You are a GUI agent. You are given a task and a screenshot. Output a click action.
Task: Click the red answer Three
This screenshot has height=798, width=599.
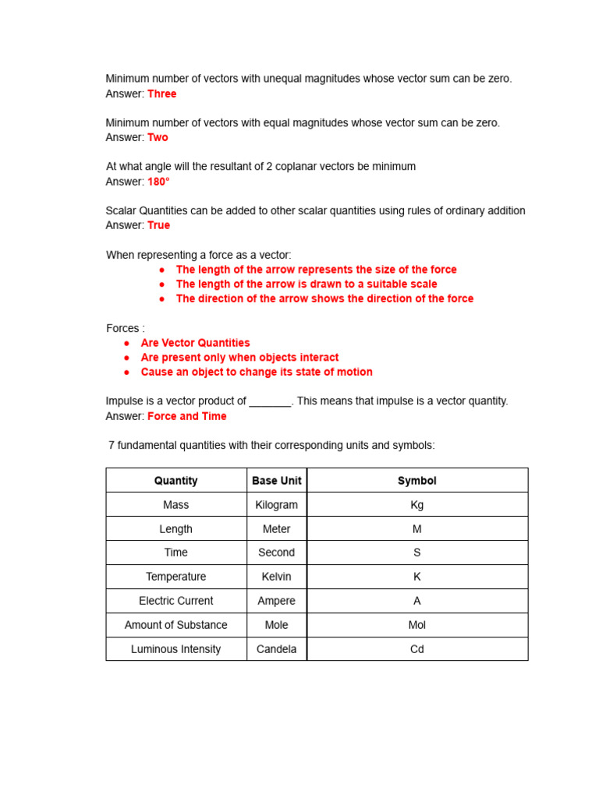[162, 94]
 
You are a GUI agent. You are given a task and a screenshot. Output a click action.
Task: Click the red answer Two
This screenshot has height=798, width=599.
[158, 137]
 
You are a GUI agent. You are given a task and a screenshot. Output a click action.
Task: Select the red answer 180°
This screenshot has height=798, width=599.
[158, 182]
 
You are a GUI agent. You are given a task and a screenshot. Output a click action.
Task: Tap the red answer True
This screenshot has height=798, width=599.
[158, 225]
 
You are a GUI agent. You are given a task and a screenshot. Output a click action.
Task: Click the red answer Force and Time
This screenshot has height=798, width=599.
[187, 416]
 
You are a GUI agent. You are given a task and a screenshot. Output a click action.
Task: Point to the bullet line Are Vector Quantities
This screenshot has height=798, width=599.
[195, 343]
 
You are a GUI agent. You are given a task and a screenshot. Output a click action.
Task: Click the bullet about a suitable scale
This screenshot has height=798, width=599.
[307, 284]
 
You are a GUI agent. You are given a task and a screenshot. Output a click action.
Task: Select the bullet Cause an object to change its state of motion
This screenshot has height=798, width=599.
[257, 373]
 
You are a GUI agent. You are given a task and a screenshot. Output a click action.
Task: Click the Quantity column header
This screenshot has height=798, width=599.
[176, 481]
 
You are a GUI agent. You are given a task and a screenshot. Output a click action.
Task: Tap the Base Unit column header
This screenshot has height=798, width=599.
[277, 481]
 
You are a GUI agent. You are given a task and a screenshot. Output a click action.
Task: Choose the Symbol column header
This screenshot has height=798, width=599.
[417, 481]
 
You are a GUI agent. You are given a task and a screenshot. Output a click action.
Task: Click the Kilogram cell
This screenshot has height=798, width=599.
[277, 505]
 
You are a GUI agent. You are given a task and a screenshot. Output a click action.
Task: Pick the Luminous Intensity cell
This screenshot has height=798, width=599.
[176, 649]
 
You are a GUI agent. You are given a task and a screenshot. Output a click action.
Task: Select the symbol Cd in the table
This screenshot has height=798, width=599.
[417, 649]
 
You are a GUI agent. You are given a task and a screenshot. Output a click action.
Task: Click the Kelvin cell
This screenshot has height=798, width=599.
[277, 577]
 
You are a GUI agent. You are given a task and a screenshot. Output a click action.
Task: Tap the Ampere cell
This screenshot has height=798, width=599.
[277, 601]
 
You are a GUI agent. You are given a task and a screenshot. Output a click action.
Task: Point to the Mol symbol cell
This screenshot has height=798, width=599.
[417, 625]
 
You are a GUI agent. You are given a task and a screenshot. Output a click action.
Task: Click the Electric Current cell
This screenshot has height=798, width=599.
[176, 601]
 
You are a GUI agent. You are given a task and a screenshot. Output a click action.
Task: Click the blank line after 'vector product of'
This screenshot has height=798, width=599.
[270, 402]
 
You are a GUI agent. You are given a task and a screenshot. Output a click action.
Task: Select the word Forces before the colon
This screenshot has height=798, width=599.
[122, 328]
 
